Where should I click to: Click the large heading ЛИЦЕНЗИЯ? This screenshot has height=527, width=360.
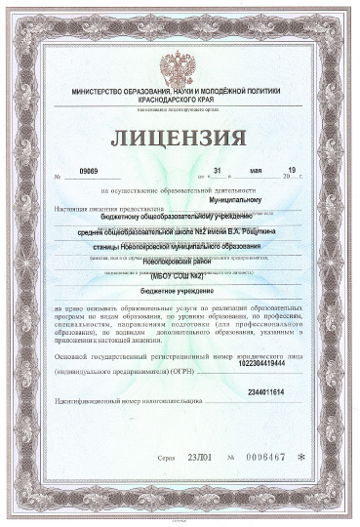point(180,137)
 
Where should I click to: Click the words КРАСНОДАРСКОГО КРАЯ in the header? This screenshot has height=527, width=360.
point(180,101)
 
